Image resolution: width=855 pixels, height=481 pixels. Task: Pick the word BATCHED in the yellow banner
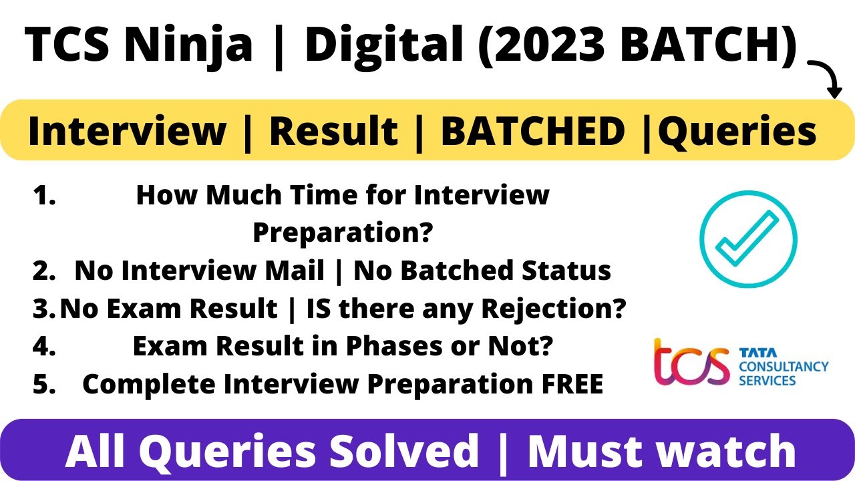point(532,131)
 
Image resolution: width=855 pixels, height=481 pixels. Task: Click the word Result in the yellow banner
point(334,131)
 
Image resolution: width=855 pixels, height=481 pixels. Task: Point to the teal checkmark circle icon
point(748,239)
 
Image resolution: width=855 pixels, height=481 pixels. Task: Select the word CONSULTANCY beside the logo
point(783,366)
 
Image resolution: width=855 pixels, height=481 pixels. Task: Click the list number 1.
point(44,196)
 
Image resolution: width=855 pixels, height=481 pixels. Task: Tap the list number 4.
point(43,346)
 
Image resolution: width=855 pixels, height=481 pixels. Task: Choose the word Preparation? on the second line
point(343,233)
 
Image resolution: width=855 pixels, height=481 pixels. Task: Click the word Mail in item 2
point(293,271)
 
